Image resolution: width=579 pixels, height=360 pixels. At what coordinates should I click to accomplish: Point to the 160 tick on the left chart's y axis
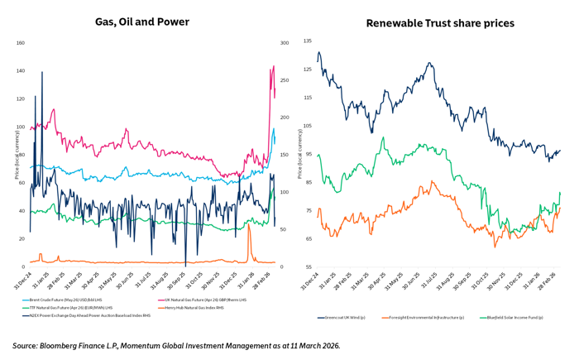coord(20,43)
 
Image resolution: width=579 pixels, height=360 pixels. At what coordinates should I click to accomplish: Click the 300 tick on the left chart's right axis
coord(285,43)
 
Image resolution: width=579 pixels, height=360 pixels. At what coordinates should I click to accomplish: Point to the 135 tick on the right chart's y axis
coord(308,41)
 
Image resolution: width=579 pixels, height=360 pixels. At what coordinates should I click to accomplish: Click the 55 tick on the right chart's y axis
coord(308,267)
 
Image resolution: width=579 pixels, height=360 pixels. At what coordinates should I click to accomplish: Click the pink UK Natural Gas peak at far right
coord(273,67)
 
